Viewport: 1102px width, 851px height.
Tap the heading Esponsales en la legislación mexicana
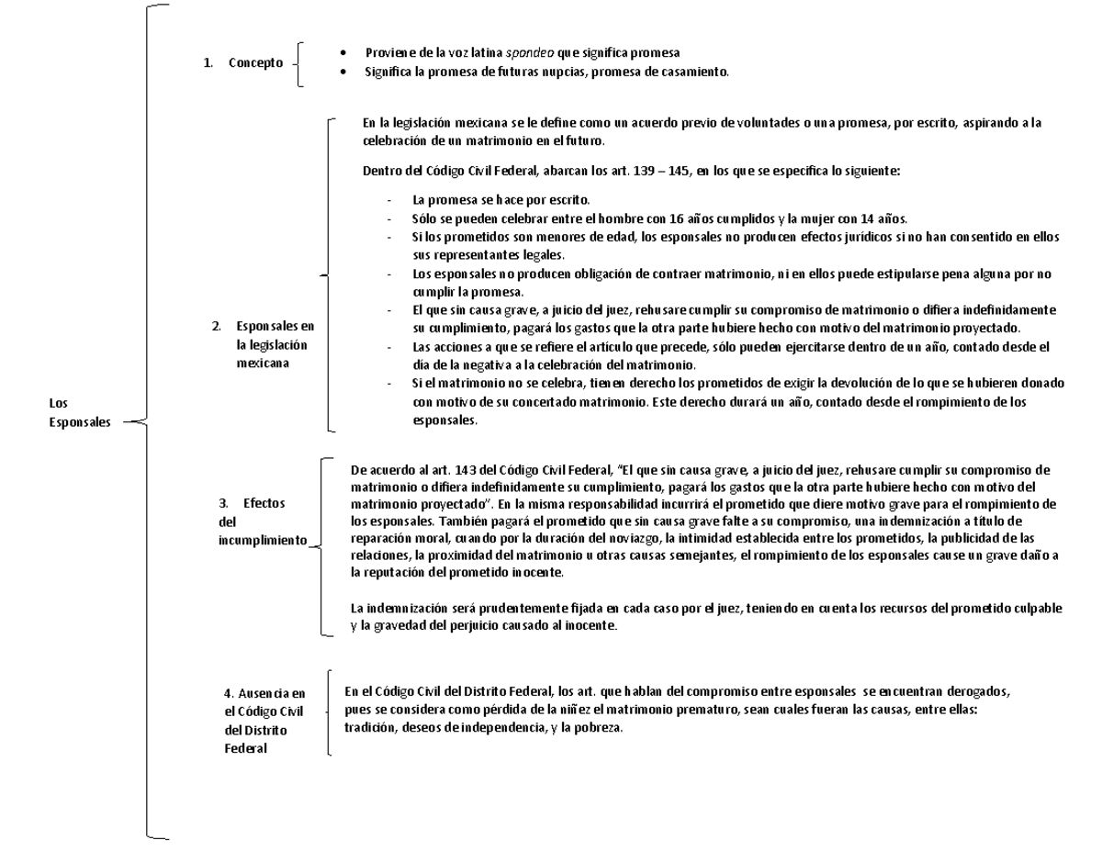[x=274, y=344]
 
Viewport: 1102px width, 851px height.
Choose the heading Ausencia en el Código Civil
[x=264, y=721]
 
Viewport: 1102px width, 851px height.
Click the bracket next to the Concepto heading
[x=301, y=63]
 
